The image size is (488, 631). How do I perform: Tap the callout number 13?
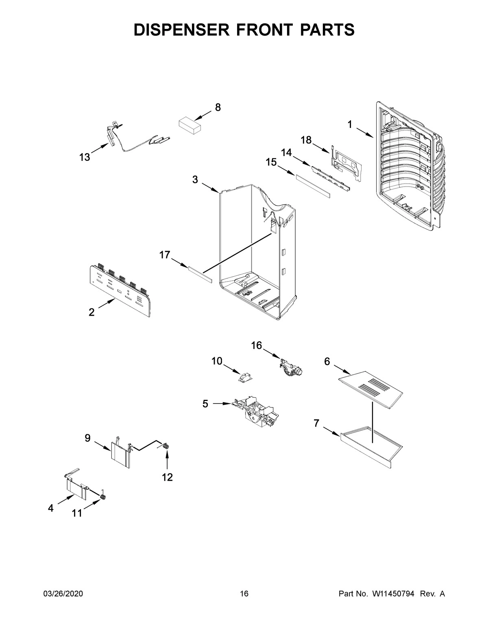tap(85, 157)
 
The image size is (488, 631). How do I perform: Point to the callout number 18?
tap(306, 140)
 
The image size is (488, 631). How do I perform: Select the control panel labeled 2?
tap(120, 290)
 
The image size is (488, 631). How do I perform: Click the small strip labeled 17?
tap(200, 274)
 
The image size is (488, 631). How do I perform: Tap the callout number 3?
tap(195, 179)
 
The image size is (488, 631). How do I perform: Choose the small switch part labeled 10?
tap(245, 377)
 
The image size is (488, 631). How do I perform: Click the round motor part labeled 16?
tap(292, 366)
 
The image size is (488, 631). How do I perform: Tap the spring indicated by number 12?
tap(166, 447)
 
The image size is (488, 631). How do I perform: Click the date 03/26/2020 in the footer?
tap(63, 594)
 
